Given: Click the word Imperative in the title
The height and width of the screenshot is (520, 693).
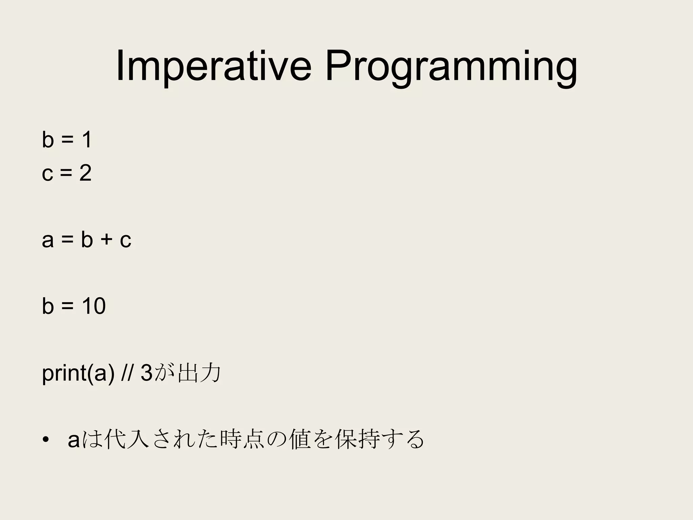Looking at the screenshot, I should pyautogui.click(x=213, y=67).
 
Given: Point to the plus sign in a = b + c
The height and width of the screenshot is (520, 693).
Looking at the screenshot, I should pyautogui.click(x=106, y=240).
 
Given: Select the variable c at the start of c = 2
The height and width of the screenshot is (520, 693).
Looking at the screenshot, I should pyautogui.click(x=47, y=173).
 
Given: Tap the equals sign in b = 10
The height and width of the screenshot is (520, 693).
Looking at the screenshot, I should pyautogui.click(x=68, y=306).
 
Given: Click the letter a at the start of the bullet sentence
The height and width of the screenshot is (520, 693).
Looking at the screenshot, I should pyautogui.click(x=74, y=440).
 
